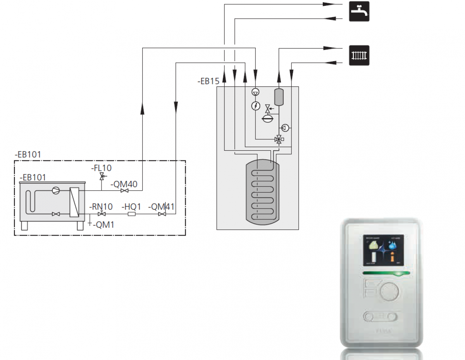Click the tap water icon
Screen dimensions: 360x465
(359, 11)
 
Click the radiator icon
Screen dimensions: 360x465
(359, 55)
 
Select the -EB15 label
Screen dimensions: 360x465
(208, 81)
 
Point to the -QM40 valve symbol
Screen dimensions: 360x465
(124, 191)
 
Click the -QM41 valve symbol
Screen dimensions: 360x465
(162, 214)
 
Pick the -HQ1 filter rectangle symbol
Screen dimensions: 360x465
(131, 214)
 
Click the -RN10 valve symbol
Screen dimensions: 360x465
(102, 214)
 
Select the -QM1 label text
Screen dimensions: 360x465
(103, 224)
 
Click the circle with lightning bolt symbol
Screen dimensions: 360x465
(255, 105)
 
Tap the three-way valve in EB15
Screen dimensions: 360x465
(278, 139)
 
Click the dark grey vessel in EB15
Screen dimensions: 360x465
(279, 97)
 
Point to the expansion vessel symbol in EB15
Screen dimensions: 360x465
(268, 119)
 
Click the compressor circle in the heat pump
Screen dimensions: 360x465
(57, 191)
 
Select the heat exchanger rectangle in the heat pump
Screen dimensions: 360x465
(74, 202)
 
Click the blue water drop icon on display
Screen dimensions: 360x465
(393, 245)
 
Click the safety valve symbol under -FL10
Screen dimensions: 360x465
(102, 177)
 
